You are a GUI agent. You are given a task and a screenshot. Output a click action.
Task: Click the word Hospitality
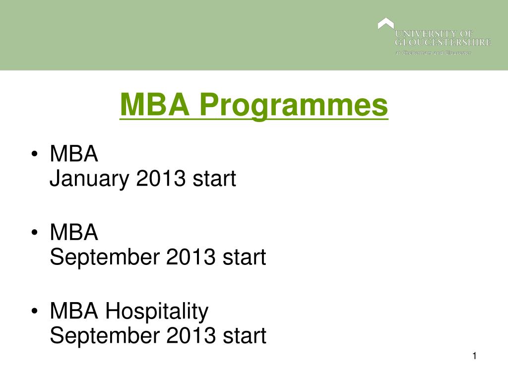click(x=157, y=312)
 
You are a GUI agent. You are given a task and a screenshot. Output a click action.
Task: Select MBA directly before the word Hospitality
click(x=74, y=311)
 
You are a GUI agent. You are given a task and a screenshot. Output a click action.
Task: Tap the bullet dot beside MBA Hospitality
click(x=34, y=312)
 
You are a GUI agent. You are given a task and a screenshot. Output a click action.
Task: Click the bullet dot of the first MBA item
click(x=34, y=155)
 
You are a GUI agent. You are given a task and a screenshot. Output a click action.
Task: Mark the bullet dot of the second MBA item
click(x=34, y=234)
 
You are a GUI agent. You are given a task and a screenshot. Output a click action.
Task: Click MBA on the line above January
click(x=74, y=154)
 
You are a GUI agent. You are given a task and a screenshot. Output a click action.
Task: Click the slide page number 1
click(x=475, y=356)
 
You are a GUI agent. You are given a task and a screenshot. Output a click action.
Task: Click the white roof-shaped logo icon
click(x=385, y=23)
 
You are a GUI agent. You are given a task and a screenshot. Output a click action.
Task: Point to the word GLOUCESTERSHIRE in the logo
click(x=443, y=42)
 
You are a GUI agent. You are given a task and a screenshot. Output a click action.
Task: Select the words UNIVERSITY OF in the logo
click(x=434, y=34)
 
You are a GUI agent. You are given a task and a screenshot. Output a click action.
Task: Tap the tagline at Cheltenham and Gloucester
click(x=433, y=53)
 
